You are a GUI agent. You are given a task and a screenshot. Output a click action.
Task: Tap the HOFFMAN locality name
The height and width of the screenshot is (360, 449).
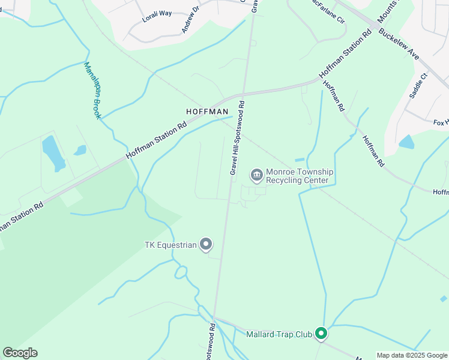[207, 112]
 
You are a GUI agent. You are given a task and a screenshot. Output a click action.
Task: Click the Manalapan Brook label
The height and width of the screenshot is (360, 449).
[92, 90]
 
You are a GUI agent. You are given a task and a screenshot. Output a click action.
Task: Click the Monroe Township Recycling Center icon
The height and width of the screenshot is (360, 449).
[256, 175]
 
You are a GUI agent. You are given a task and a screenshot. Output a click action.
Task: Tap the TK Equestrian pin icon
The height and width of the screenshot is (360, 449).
[206, 244]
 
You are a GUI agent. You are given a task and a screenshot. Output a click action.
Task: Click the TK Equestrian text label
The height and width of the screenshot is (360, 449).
[170, 245]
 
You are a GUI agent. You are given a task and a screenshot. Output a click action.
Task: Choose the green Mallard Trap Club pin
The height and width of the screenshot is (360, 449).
[321, 334]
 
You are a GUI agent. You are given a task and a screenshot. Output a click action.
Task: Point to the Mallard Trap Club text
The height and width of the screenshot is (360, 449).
[279, 334]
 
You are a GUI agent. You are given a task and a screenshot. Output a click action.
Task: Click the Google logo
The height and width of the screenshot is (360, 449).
[20, 353]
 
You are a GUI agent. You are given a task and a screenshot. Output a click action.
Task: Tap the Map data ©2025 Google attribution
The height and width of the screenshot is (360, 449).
[412, 355]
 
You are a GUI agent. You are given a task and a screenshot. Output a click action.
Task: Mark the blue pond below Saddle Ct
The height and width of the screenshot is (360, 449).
[406, 142]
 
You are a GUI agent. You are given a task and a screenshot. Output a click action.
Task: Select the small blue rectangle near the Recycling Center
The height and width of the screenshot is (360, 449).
[300, 160]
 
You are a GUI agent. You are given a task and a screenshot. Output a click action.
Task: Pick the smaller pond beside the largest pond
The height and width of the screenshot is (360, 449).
[80, 150]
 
